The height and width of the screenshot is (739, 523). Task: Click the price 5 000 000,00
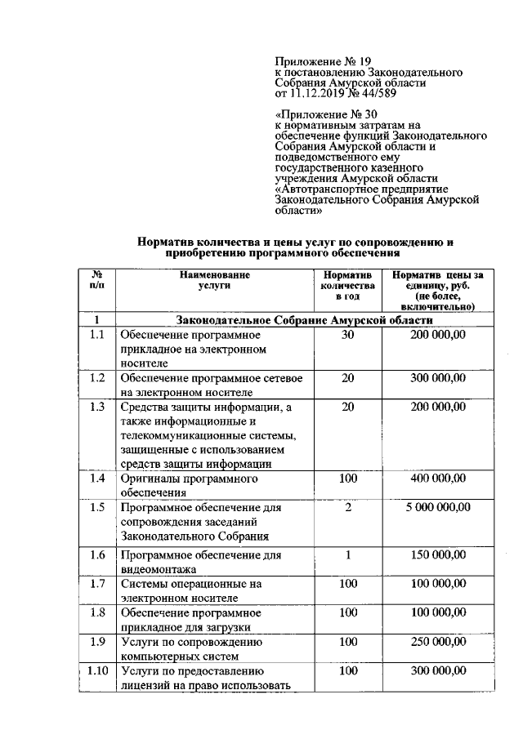click(x=437, y=507)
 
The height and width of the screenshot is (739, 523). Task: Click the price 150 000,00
click(x=437, y=555)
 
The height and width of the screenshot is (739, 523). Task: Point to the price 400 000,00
click(x=437, y=479)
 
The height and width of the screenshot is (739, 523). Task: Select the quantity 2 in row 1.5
click(x=347, y=507)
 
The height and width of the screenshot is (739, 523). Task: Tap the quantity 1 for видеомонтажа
click(x=347, y=555)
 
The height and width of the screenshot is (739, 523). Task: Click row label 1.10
click(x=97, y=670)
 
